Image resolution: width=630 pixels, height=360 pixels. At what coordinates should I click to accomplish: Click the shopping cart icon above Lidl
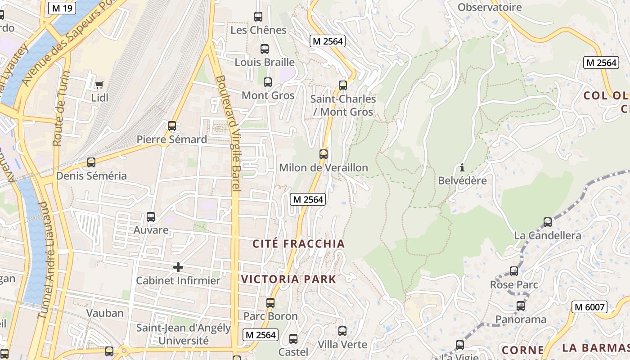coord(99,85)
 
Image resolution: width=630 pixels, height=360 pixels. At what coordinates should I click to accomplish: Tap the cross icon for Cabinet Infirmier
coord(178,267)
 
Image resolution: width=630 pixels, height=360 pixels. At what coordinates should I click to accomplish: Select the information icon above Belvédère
coord(462,168)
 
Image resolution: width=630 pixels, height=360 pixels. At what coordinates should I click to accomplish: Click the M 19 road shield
coord(62,8)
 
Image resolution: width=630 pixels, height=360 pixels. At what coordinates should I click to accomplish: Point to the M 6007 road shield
coord(589,307)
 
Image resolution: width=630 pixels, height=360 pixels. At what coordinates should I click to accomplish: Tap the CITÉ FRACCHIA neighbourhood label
coord(298,244)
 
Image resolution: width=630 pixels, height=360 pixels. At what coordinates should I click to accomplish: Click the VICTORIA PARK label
coord(288,279)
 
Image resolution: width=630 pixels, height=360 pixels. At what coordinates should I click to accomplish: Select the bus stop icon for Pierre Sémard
coord(172,126)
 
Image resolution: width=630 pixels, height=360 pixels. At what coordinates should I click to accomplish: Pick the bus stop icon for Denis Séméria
coord(91,162)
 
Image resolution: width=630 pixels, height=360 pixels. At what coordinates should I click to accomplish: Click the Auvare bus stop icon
coord(151,217)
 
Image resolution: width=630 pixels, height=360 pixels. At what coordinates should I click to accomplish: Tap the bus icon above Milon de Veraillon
coord(324,154)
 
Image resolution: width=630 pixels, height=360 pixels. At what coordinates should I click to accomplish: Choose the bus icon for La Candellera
coord(548,222)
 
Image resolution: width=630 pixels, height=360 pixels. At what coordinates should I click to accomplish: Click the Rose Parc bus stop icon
coord(514,271)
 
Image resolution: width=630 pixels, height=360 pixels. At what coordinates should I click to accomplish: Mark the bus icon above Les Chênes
coord(258,17)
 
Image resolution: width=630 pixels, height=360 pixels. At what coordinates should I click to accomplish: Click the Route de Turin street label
coord(58,115)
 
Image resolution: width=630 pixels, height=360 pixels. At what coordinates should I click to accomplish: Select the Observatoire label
coord(490,7)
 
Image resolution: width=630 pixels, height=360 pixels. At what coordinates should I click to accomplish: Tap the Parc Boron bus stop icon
coord(270,303)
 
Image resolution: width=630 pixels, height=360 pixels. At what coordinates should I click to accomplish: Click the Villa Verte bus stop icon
coord(342,331)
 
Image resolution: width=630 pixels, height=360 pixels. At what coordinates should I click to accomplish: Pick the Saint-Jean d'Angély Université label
coord(183,334)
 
